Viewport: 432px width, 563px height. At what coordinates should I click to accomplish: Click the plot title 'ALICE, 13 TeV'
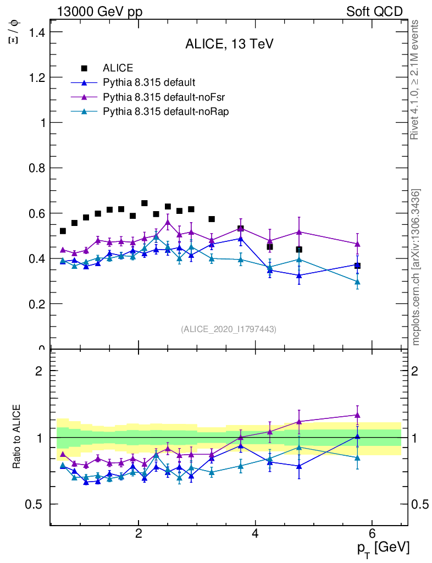coord(229,45)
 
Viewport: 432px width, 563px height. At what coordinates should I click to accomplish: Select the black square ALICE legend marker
coord(84,68)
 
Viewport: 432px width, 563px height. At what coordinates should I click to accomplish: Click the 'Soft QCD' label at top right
coord(374,12)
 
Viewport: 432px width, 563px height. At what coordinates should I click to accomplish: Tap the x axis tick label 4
coord(255,534)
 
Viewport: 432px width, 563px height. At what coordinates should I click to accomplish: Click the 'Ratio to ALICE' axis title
coord(17,437)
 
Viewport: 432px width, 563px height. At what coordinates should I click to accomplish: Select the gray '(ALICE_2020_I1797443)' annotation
coord(229,329)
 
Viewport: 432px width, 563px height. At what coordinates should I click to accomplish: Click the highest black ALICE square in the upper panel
coord(145,203)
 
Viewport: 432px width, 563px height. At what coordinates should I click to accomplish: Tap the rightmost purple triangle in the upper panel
coord(357,244)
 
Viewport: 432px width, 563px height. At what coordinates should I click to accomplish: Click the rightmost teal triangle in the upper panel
coord(357,281)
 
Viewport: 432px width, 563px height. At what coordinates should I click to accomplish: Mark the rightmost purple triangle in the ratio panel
coord(357,415)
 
